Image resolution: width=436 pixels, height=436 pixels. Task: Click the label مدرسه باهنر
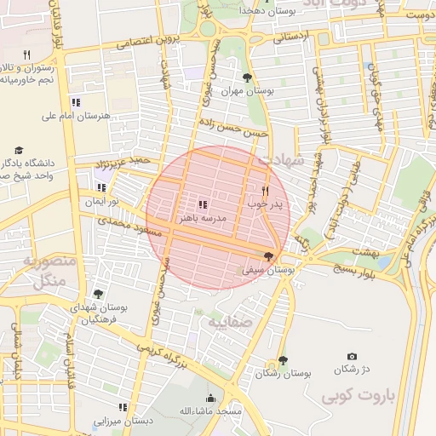pos(202,218)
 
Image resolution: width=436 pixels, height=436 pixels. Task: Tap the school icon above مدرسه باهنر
pos(203,204)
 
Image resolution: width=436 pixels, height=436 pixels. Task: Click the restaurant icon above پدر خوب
pos(266,191)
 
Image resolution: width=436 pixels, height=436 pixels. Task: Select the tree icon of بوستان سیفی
pos(270,256)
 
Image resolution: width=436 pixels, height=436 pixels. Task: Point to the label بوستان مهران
pos(244,91)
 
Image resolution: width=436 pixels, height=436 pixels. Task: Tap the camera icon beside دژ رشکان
pos(353,357)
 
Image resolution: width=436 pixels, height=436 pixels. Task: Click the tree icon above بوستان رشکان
pos(283,361)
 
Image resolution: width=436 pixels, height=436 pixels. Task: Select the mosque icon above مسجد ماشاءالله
pos(211,398)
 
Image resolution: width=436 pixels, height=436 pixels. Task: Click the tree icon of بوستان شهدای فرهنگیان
pos(98,294)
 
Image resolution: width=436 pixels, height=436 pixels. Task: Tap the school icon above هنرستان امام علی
pos(77,102)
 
